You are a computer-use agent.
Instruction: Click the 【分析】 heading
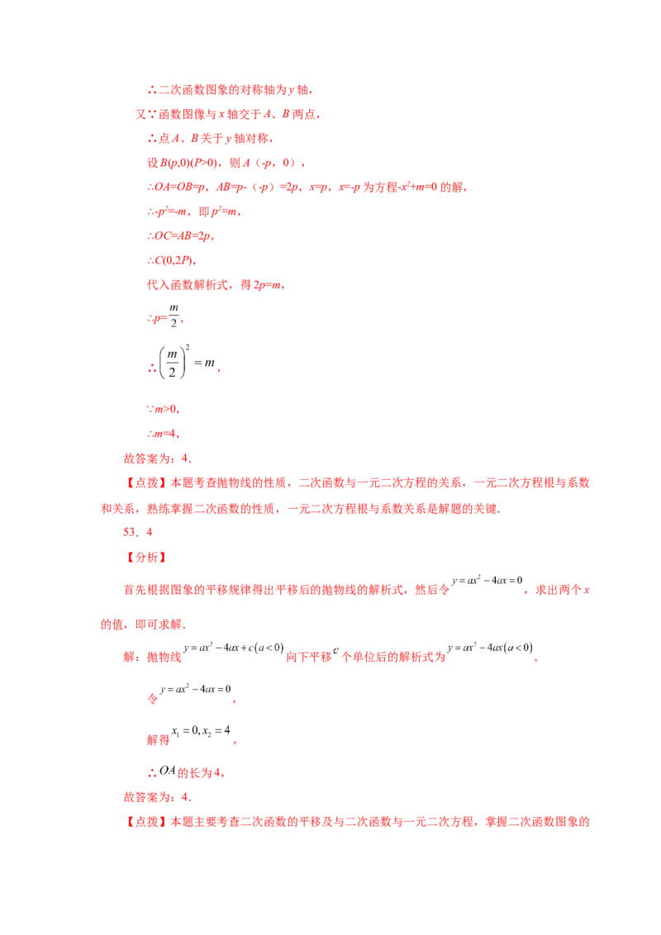coord(146,557)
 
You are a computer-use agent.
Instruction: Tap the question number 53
coord(130,532)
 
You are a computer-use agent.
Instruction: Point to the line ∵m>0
coord(163,409)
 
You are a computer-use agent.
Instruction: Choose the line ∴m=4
coord(163,434)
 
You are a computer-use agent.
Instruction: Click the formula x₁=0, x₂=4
coord(201,731)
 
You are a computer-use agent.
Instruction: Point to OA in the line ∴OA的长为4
coord(168,771)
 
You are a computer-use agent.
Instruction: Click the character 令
coord(153,698)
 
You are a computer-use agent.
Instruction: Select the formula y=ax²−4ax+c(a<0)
coord(234,648)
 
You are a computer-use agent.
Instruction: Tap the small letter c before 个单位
coord(335,650)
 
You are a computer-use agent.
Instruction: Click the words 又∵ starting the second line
coord(146,114)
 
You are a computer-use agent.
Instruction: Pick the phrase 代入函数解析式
coord(188,285)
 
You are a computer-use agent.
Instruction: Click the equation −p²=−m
coord(170,211)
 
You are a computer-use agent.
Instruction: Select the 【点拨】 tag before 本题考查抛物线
coord(146,482)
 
